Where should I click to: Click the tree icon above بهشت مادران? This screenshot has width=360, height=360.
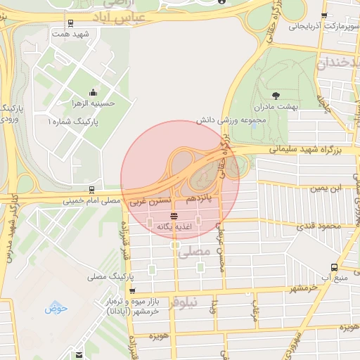pos(275,96)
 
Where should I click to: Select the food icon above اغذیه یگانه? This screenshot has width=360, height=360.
pos(174,214)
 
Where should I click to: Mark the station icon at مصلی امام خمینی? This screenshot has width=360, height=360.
pos(91,190)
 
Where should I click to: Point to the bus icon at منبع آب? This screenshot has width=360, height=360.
pos(334,267)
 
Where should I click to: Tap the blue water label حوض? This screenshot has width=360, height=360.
pos(56,307)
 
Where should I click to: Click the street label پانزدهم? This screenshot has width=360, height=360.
pos(200,200)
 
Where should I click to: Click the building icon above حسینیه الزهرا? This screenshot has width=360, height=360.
pos(93,93)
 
